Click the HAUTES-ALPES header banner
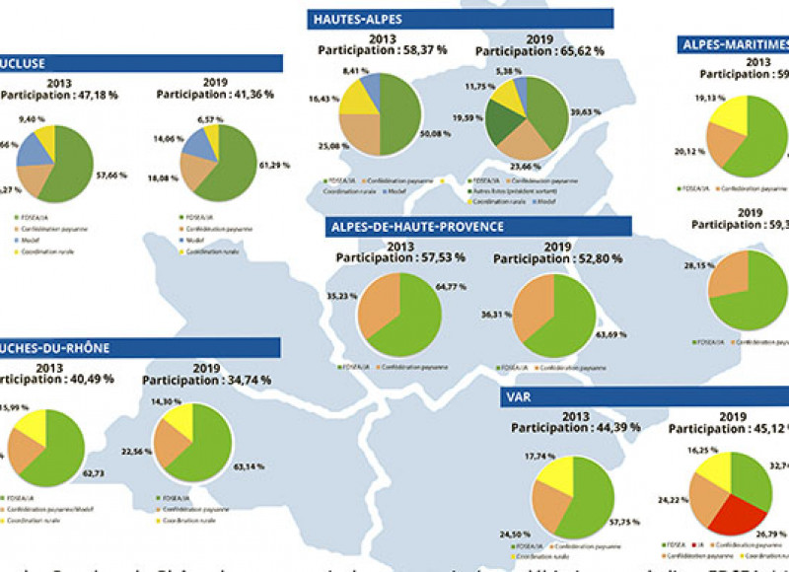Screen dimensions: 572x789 tap(460, 20)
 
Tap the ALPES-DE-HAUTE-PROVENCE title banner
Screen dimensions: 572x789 tap(479, 227)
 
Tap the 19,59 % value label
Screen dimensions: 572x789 tap(466, 116)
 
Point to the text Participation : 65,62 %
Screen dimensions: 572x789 tap(541, 56)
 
